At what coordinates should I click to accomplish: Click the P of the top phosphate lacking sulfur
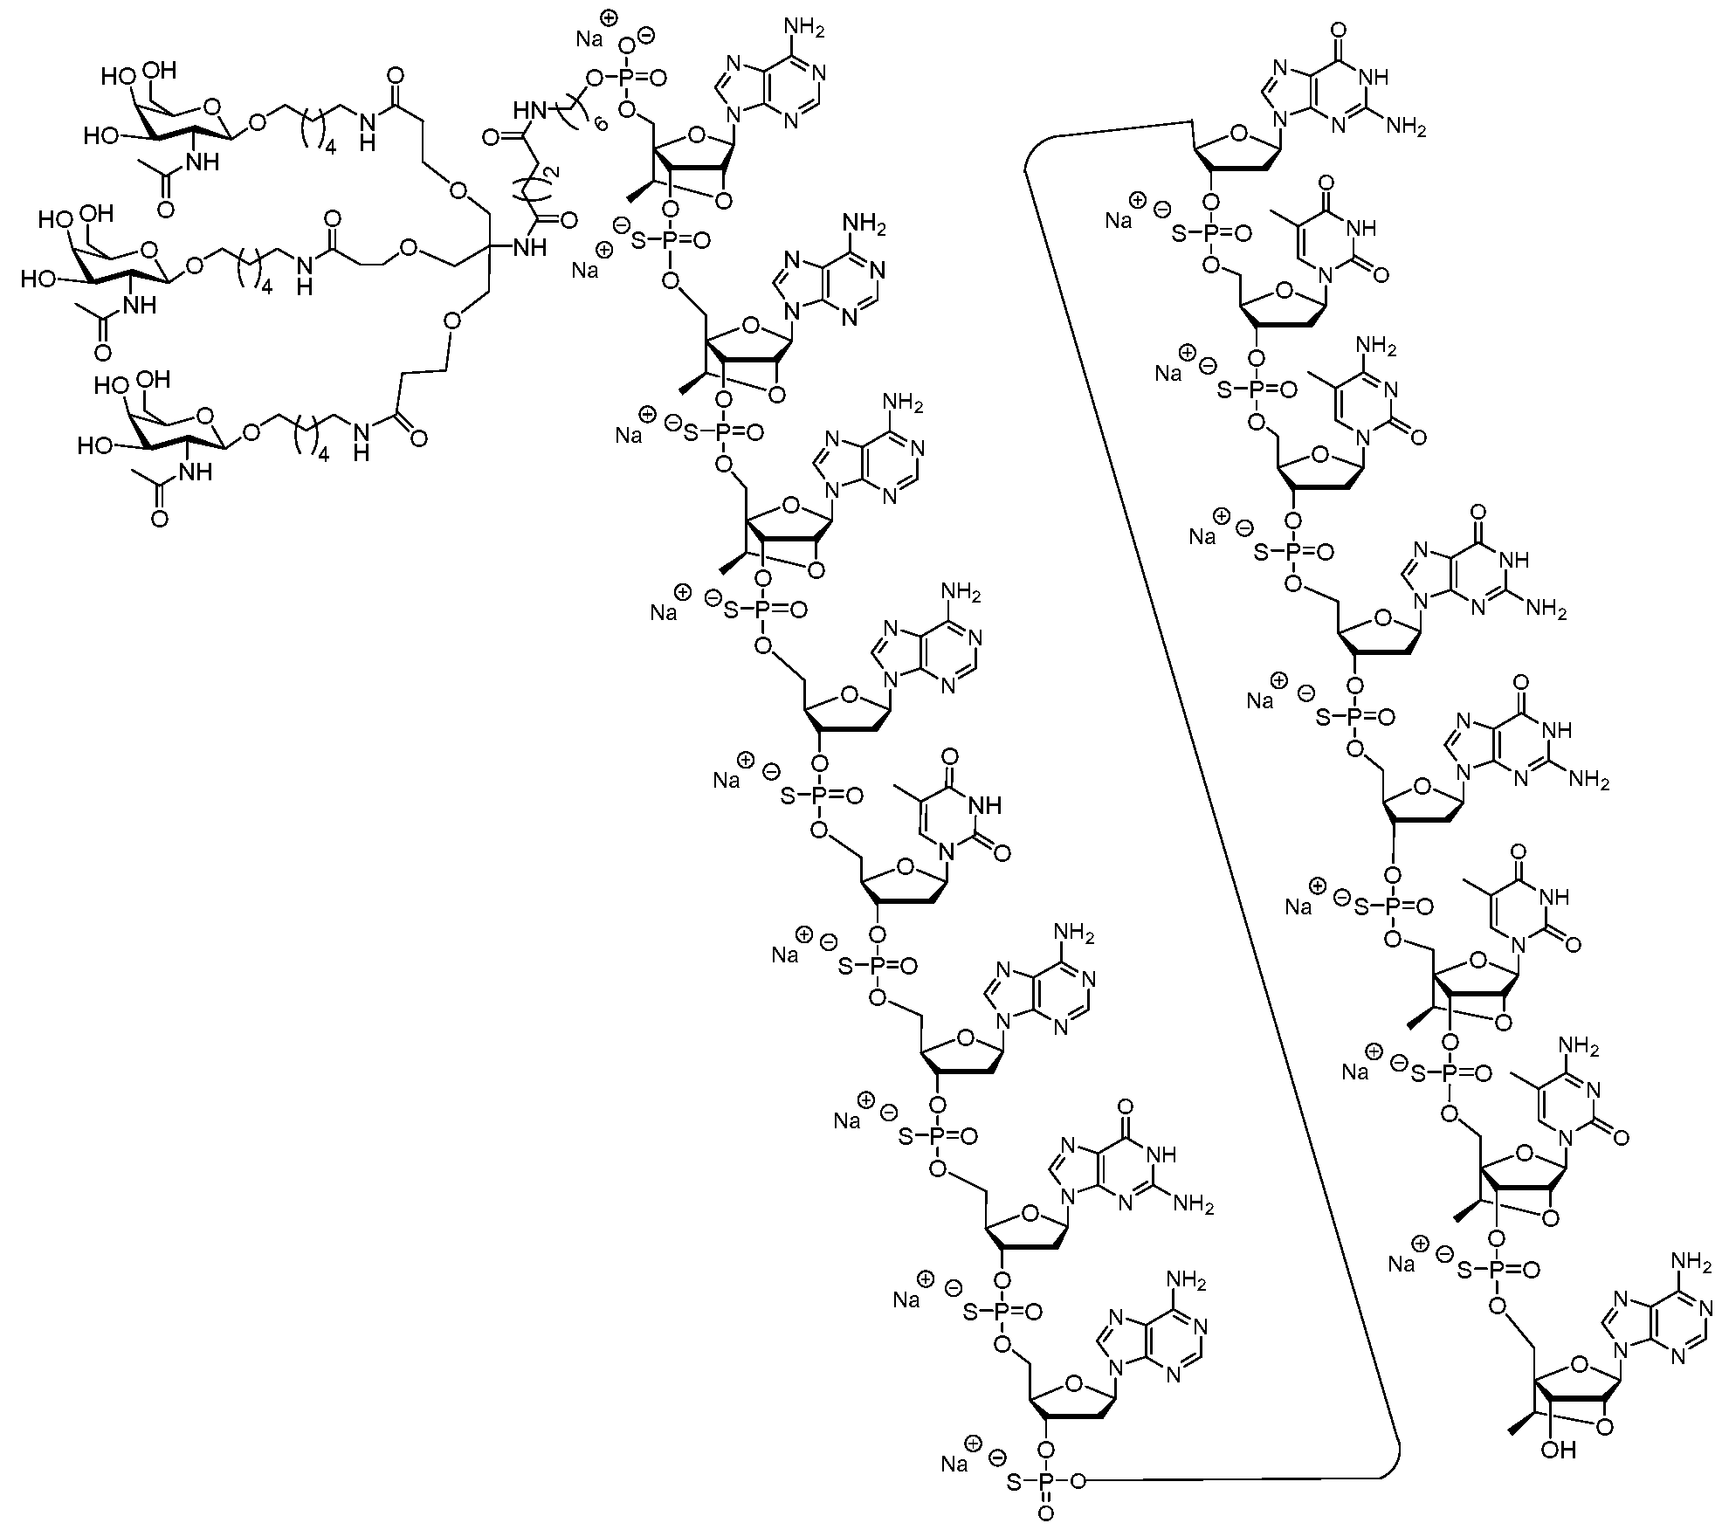(x=626, y=77)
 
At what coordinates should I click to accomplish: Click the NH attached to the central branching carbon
(x=529, y=247)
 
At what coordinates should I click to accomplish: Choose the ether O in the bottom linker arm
(x=451, y=320)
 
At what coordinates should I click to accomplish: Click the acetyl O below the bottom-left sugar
(x=159, y=519)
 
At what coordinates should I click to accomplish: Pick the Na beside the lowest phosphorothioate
(x=954, y=1463)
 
